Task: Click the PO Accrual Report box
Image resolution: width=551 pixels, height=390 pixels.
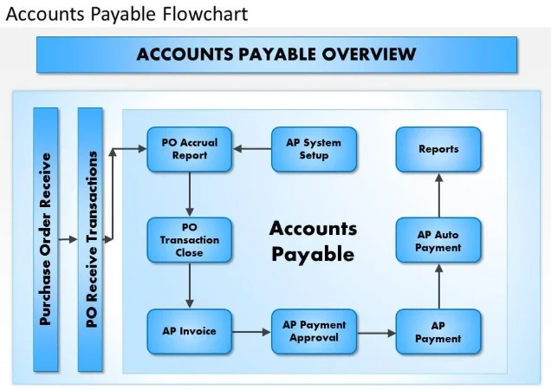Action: (x=190, y=149)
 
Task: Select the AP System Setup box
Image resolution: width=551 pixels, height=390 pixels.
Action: (x=314, y=149)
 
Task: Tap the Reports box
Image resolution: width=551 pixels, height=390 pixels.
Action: (x=438, y=149)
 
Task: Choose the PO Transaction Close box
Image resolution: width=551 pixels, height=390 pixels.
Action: (x=190, y=240)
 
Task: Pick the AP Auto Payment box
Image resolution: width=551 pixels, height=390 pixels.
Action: (x=438, y=240)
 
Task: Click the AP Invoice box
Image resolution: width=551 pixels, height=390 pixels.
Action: (x=190, y=332)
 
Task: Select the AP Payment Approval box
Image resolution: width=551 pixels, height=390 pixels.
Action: (x=314, y=332)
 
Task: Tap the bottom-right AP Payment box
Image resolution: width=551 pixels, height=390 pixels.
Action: (x=438, y=332)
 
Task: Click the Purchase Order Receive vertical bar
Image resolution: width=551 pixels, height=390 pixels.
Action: (x=46, y=239)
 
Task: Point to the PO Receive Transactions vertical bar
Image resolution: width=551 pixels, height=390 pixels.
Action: (x=90, y=239)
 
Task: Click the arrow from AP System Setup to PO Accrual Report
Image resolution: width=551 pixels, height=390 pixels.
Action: (x=252, y=149)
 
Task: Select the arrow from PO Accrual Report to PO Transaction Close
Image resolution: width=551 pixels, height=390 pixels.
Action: (x=190, y=194)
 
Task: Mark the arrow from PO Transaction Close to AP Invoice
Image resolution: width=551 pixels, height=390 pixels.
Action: (x=190, y=285)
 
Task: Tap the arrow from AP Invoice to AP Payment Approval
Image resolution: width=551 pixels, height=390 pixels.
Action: (x=251, y=332)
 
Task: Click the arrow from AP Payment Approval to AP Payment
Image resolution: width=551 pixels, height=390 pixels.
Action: (x=376, y=333)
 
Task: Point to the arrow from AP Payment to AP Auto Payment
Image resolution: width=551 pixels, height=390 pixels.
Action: (x=439, y=286)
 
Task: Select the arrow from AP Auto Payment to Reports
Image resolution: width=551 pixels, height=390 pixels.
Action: (x=439, y=195)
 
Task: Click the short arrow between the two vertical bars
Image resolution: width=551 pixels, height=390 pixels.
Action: (x=68, y=239)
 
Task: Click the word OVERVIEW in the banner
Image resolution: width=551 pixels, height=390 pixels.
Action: (x=369, y=55)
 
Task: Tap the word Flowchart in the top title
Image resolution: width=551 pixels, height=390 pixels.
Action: (x=205, y=14)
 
